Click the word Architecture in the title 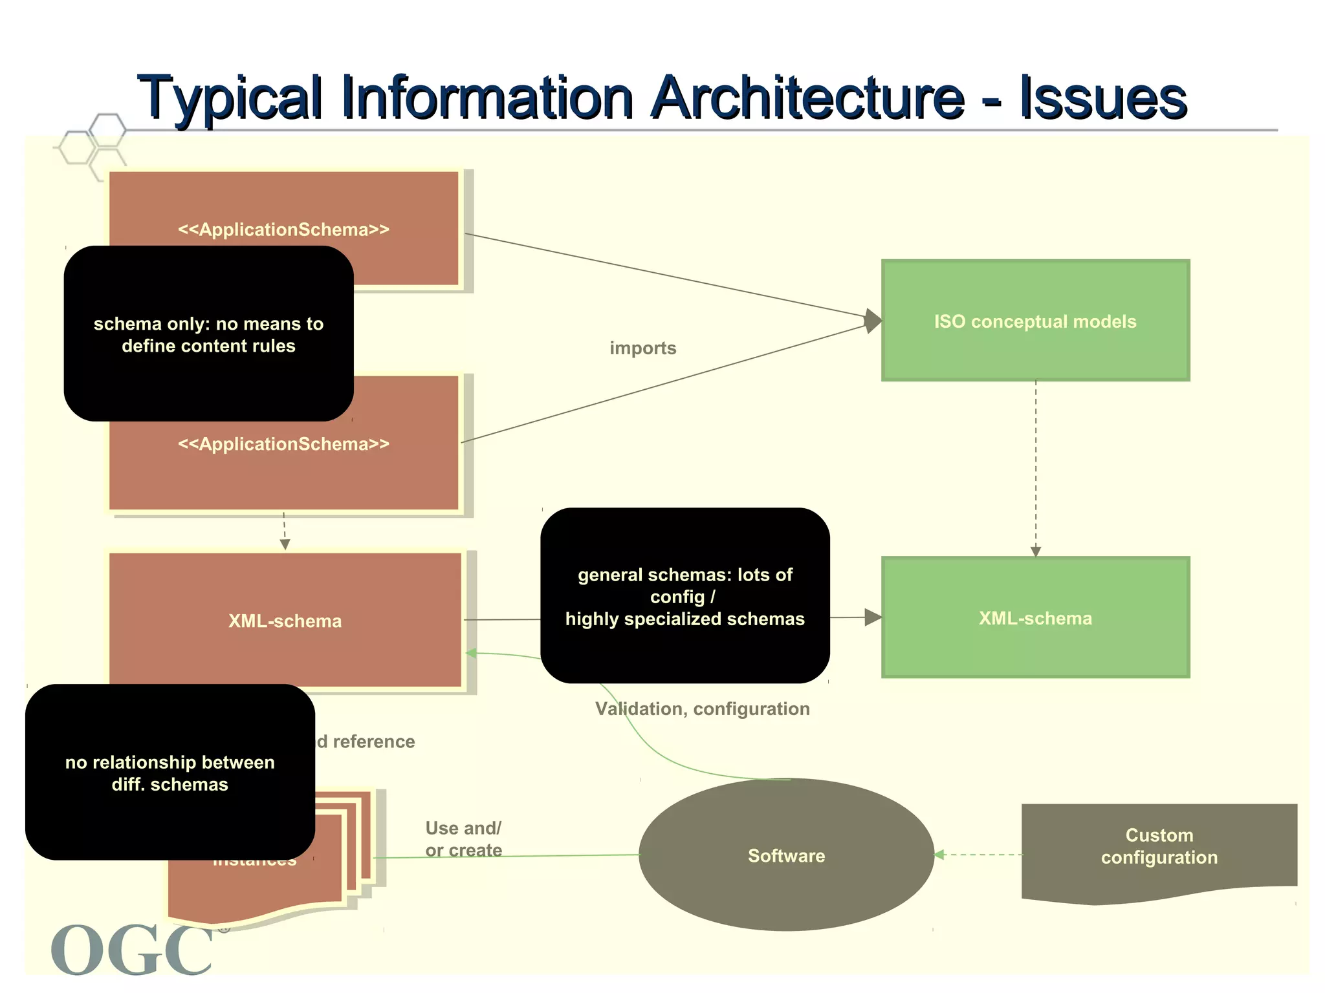coord(809,98)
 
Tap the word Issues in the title coord(1103,98)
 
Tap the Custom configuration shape coord(1159,847)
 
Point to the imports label coord(642,348)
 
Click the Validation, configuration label coord(703,709)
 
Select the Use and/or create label coord(463,839)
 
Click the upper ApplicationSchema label coord(283,230)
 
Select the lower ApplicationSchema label coord(283,444)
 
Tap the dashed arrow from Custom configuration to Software coord(980,855)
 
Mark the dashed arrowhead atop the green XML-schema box coord(1036,551)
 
